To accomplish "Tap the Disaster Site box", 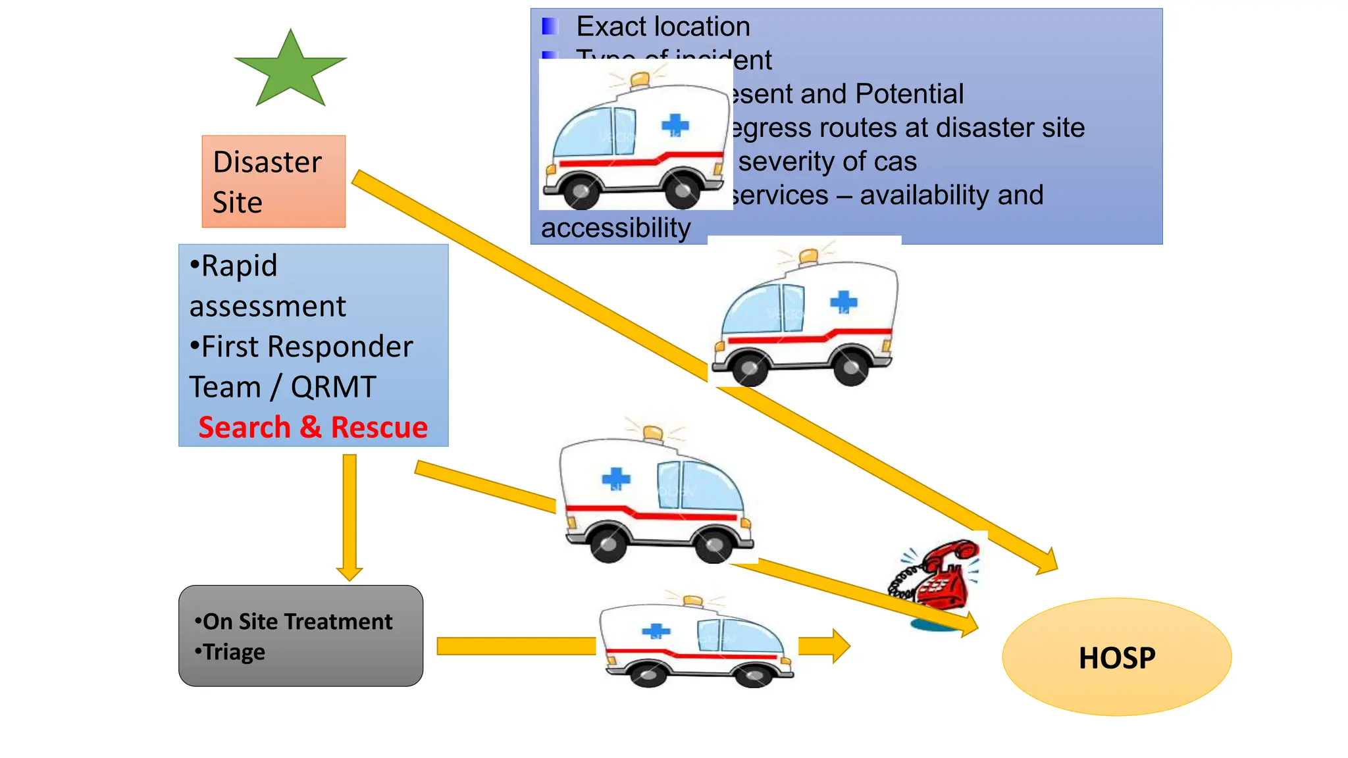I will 273,182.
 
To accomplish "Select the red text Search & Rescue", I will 313,428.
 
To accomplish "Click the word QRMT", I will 334,387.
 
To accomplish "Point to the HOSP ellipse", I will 1116,657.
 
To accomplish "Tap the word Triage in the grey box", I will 234,652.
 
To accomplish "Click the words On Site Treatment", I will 298,621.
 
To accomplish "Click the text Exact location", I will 663,27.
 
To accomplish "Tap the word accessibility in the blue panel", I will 615,228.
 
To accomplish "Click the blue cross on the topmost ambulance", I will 675,124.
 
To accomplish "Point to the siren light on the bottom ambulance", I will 692,601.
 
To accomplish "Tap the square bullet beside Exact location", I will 550,27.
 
